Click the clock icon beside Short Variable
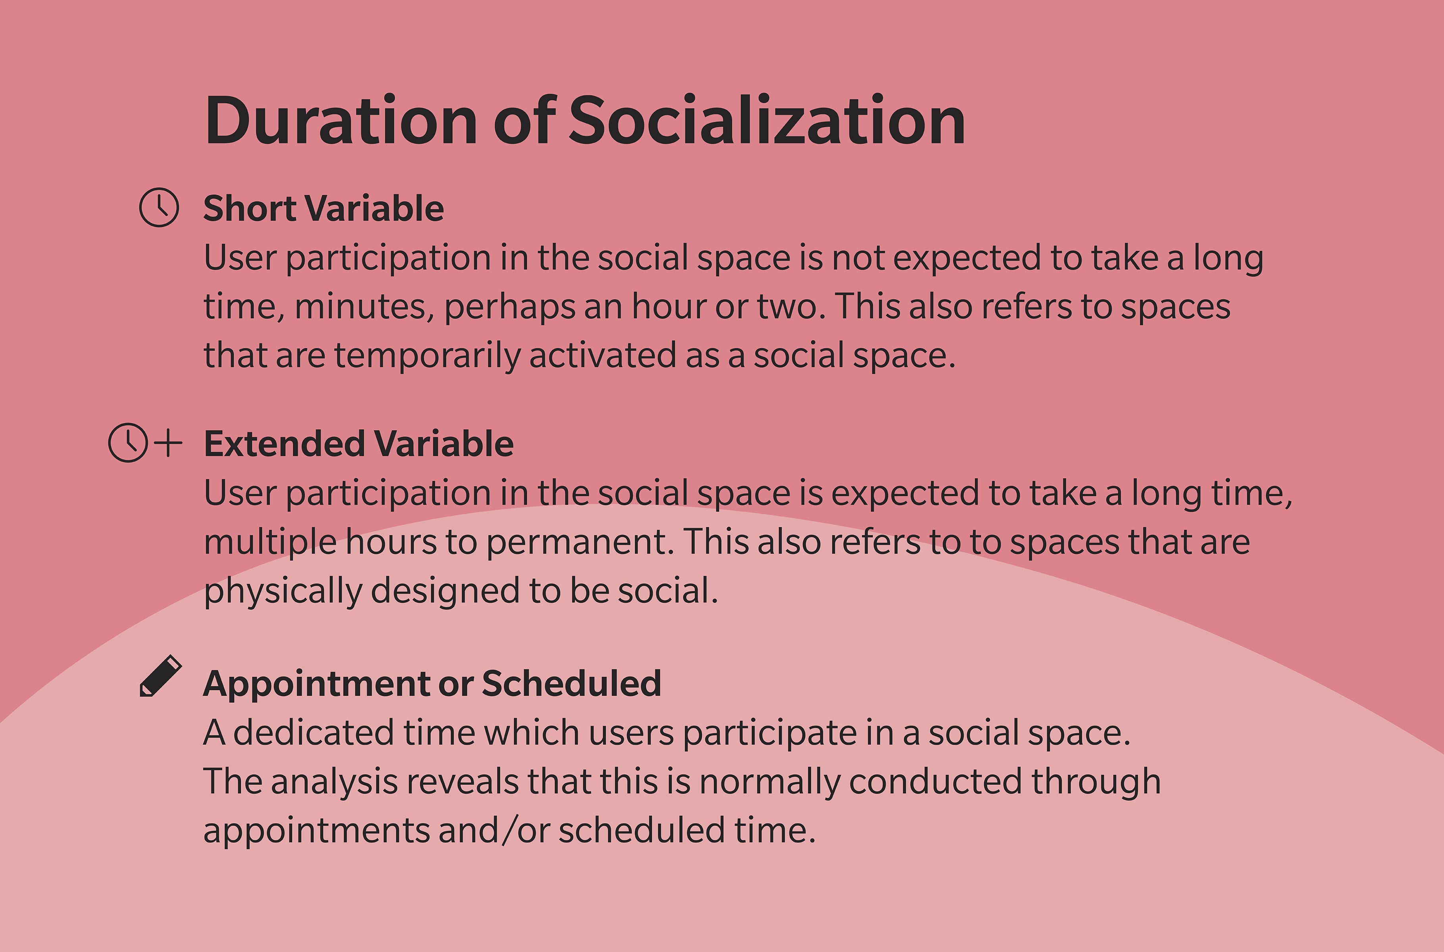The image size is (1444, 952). pyautogui.click(x=159, y=207)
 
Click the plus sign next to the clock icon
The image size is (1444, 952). pyautogui.click(x=168, y=443)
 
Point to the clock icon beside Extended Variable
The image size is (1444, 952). pyautogui.click(x=127, y=443)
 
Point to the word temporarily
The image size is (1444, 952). pyautogui.click(x=427, y=356)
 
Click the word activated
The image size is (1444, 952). pyautogui.click(x=602, y=356)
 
